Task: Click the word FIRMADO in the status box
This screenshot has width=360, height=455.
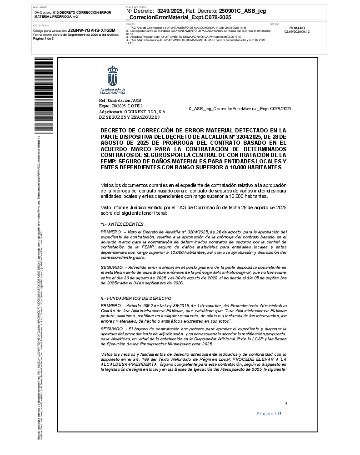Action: (x=297, y=28)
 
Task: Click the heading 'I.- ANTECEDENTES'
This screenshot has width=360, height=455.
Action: (x=122, y=224)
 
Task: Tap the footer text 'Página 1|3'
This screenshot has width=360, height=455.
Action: (x=269, y=413)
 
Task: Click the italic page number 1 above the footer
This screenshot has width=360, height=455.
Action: (x=286, y=404)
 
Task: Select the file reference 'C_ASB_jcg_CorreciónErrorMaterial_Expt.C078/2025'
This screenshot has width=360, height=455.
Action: (x=240, y=109)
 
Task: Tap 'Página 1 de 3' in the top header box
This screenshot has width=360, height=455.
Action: (x=44, y=39)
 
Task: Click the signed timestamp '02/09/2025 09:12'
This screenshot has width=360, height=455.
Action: (x=297, y=32)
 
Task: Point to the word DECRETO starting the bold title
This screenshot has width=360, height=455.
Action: (x=113, y=131)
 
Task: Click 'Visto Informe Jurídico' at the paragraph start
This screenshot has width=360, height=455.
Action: (x=123, y=207)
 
